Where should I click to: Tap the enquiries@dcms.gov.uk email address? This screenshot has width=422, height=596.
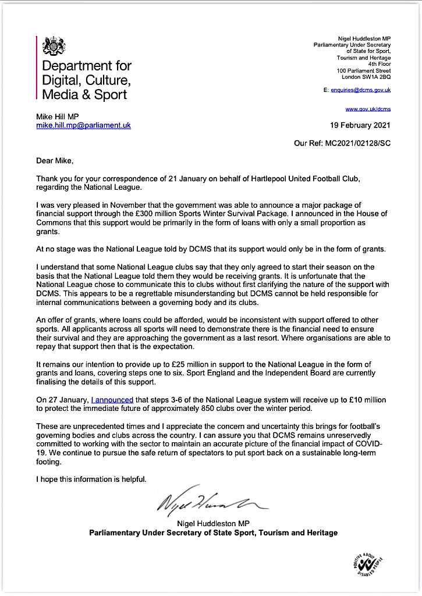364,90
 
